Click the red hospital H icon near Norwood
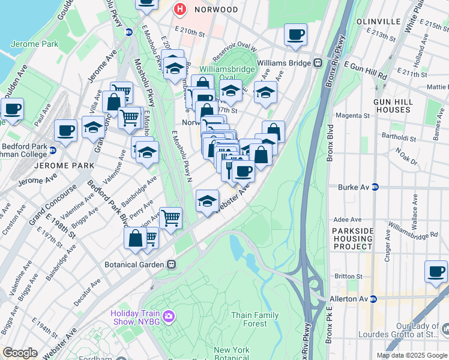179,10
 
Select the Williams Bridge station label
284,62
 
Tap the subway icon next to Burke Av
376,187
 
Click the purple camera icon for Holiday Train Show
169,316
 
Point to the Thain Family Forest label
255,319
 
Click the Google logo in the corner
20,353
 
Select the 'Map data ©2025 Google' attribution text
411,355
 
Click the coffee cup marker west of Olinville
295,35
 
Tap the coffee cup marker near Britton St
436,271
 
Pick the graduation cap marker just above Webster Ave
206,200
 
